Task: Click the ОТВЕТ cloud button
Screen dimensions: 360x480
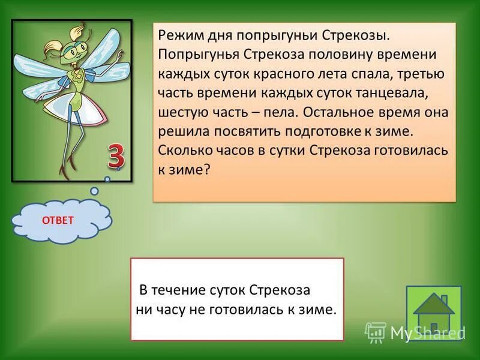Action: point(58,220)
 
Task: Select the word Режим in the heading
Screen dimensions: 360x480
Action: point(179,34)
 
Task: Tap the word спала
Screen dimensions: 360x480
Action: point(376,73)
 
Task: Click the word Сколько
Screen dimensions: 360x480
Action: point(182,151)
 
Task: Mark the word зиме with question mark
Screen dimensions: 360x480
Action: point(191,170)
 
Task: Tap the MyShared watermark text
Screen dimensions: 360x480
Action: point(427,332)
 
